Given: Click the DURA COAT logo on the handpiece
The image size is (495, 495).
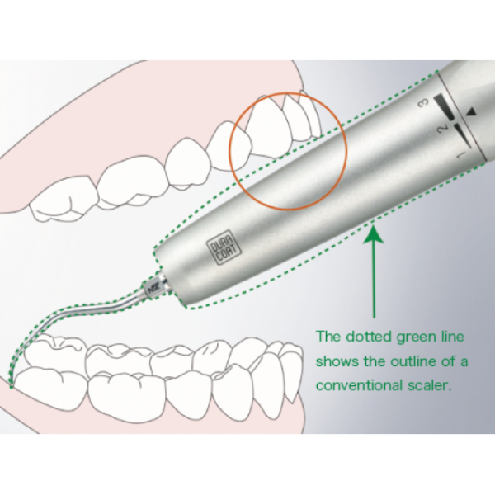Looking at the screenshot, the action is tap(224, 251).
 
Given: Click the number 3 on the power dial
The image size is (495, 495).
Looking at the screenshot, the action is tap(424, 102).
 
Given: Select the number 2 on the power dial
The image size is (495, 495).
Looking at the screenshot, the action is tap(443, 128).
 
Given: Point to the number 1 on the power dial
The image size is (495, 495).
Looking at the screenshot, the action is tap(461, 154).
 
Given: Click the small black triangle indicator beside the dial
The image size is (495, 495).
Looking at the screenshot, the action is tap(471, 111).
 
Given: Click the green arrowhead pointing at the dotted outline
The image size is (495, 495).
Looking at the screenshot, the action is tap(374, 233).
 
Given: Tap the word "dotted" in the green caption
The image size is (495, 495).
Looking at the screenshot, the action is tap(369, 337).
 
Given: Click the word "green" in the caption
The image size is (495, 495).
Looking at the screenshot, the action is tap(417, 337).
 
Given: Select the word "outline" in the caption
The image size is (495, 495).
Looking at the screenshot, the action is tap(413, 361).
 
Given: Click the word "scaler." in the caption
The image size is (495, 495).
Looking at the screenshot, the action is tap(430, 385).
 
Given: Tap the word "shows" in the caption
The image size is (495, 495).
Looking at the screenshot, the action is tap(337, 361).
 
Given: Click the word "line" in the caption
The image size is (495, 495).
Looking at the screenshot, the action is tap(454, 337).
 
